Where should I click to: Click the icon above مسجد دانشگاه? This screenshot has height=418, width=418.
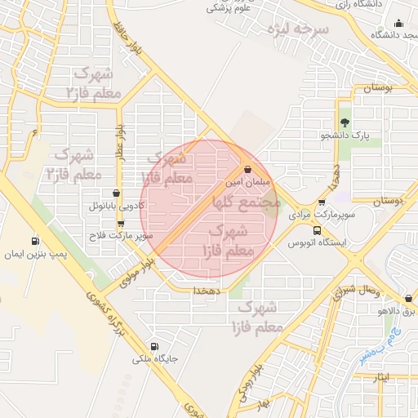coord(398,23)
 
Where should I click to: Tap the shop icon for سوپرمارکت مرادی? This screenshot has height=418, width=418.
coord(322,202)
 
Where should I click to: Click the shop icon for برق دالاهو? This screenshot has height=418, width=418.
coord(408,299)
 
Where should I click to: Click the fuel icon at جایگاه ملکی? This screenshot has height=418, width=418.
coord(154,346)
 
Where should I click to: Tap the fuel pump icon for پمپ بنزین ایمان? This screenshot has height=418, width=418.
coord(34,242)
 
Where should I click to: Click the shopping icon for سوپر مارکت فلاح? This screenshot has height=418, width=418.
coord(121,222)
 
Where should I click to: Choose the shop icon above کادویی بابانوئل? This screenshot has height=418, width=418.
coord(116,194)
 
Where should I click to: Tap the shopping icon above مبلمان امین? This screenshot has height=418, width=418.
coord(247,171)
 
